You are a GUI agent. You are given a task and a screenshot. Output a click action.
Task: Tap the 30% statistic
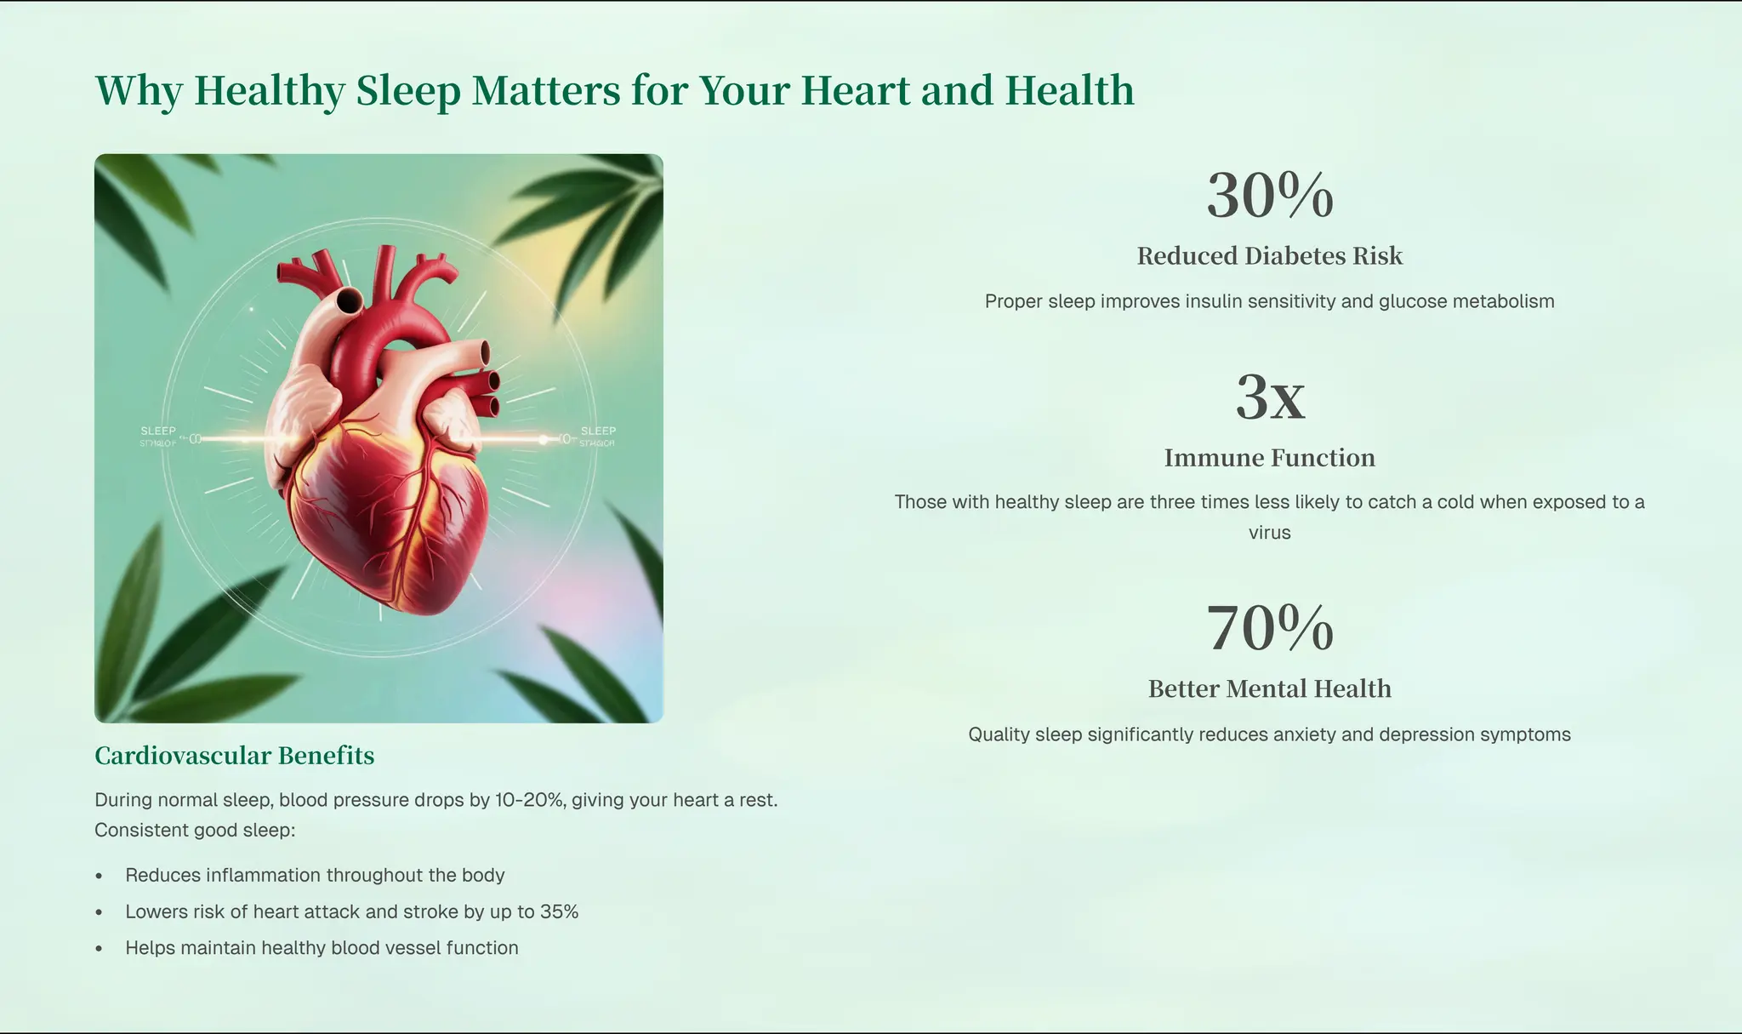coord(1269,196)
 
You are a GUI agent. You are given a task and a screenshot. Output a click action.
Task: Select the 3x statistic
coord(1269,397)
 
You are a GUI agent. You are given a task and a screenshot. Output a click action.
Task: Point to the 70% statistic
coord(1269,629)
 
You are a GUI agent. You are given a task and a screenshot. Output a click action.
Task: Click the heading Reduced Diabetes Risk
coord(1269,256)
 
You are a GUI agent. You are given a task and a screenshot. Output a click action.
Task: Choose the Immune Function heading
coord(1269,458)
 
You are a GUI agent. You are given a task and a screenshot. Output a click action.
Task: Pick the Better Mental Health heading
coord(1269,688)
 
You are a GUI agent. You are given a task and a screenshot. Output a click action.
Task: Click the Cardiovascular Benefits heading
coord(234,756)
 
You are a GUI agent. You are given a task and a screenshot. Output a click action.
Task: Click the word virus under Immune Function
coord(1269,533)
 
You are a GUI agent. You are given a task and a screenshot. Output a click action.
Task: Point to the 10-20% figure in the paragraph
coord(530,800)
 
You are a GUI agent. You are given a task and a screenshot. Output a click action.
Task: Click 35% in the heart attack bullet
coord(559,912)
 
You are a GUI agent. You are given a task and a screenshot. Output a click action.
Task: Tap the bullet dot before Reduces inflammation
coord(100,876)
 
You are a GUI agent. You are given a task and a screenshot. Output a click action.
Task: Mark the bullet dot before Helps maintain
coord(100,949)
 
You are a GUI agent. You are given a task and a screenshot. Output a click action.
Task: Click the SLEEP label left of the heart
coord(158,431)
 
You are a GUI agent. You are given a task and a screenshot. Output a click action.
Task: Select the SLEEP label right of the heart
coord(598,431)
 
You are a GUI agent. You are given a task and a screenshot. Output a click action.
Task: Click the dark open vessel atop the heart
coord(350,300)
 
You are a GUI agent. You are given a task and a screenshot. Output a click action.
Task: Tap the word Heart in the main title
coord(855,91)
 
